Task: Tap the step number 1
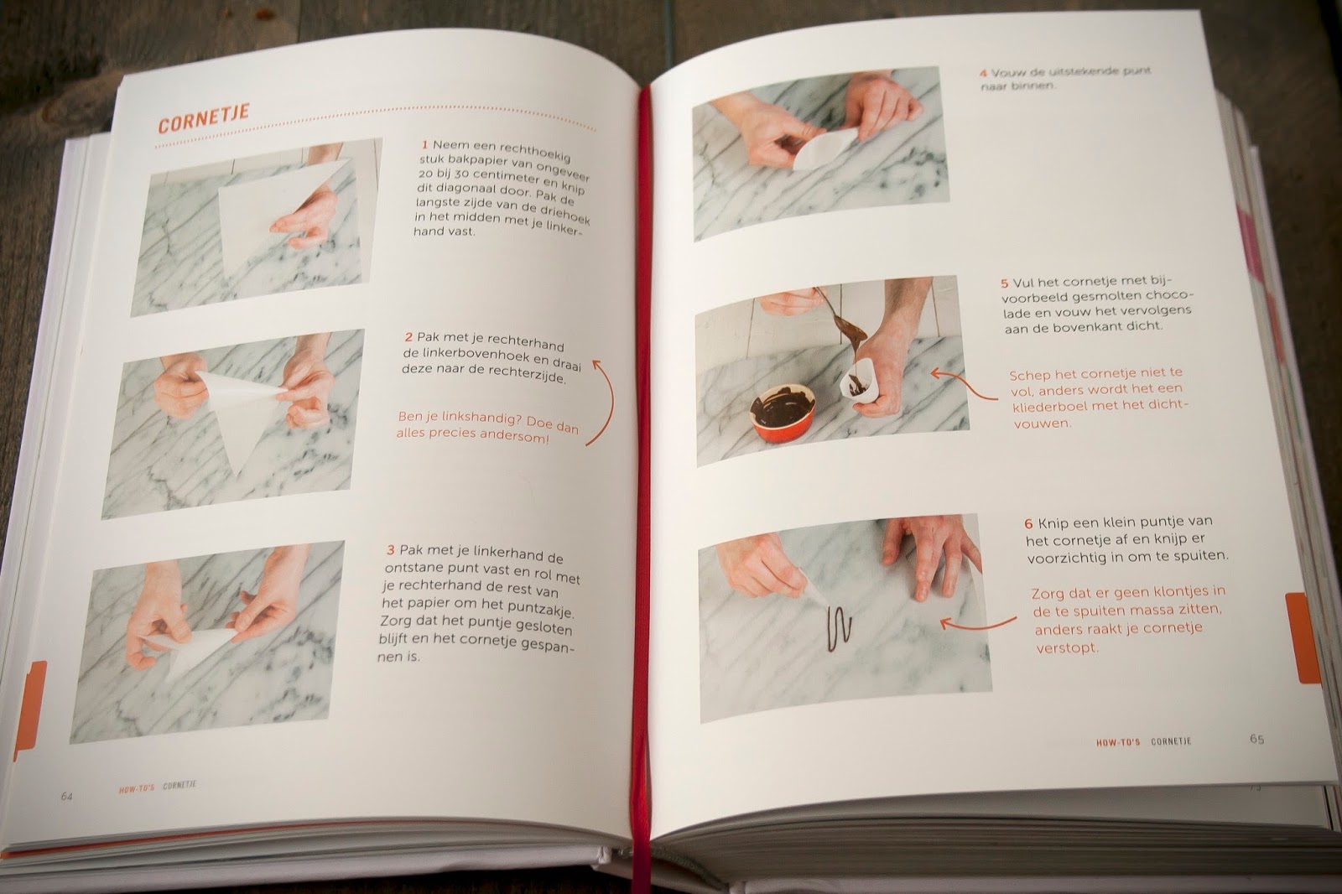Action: pos(425,144)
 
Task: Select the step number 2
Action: pos(408,337)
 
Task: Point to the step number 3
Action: pos(391,550)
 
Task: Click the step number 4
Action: pos(983,73)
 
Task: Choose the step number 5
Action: pos(1005,283)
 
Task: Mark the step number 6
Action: pos(1028,522)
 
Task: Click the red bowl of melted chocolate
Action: pos(783,414)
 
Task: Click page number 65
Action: pos(1256,739)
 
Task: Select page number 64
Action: pos(67,796)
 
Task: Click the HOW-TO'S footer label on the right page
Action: pos(1117,742)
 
